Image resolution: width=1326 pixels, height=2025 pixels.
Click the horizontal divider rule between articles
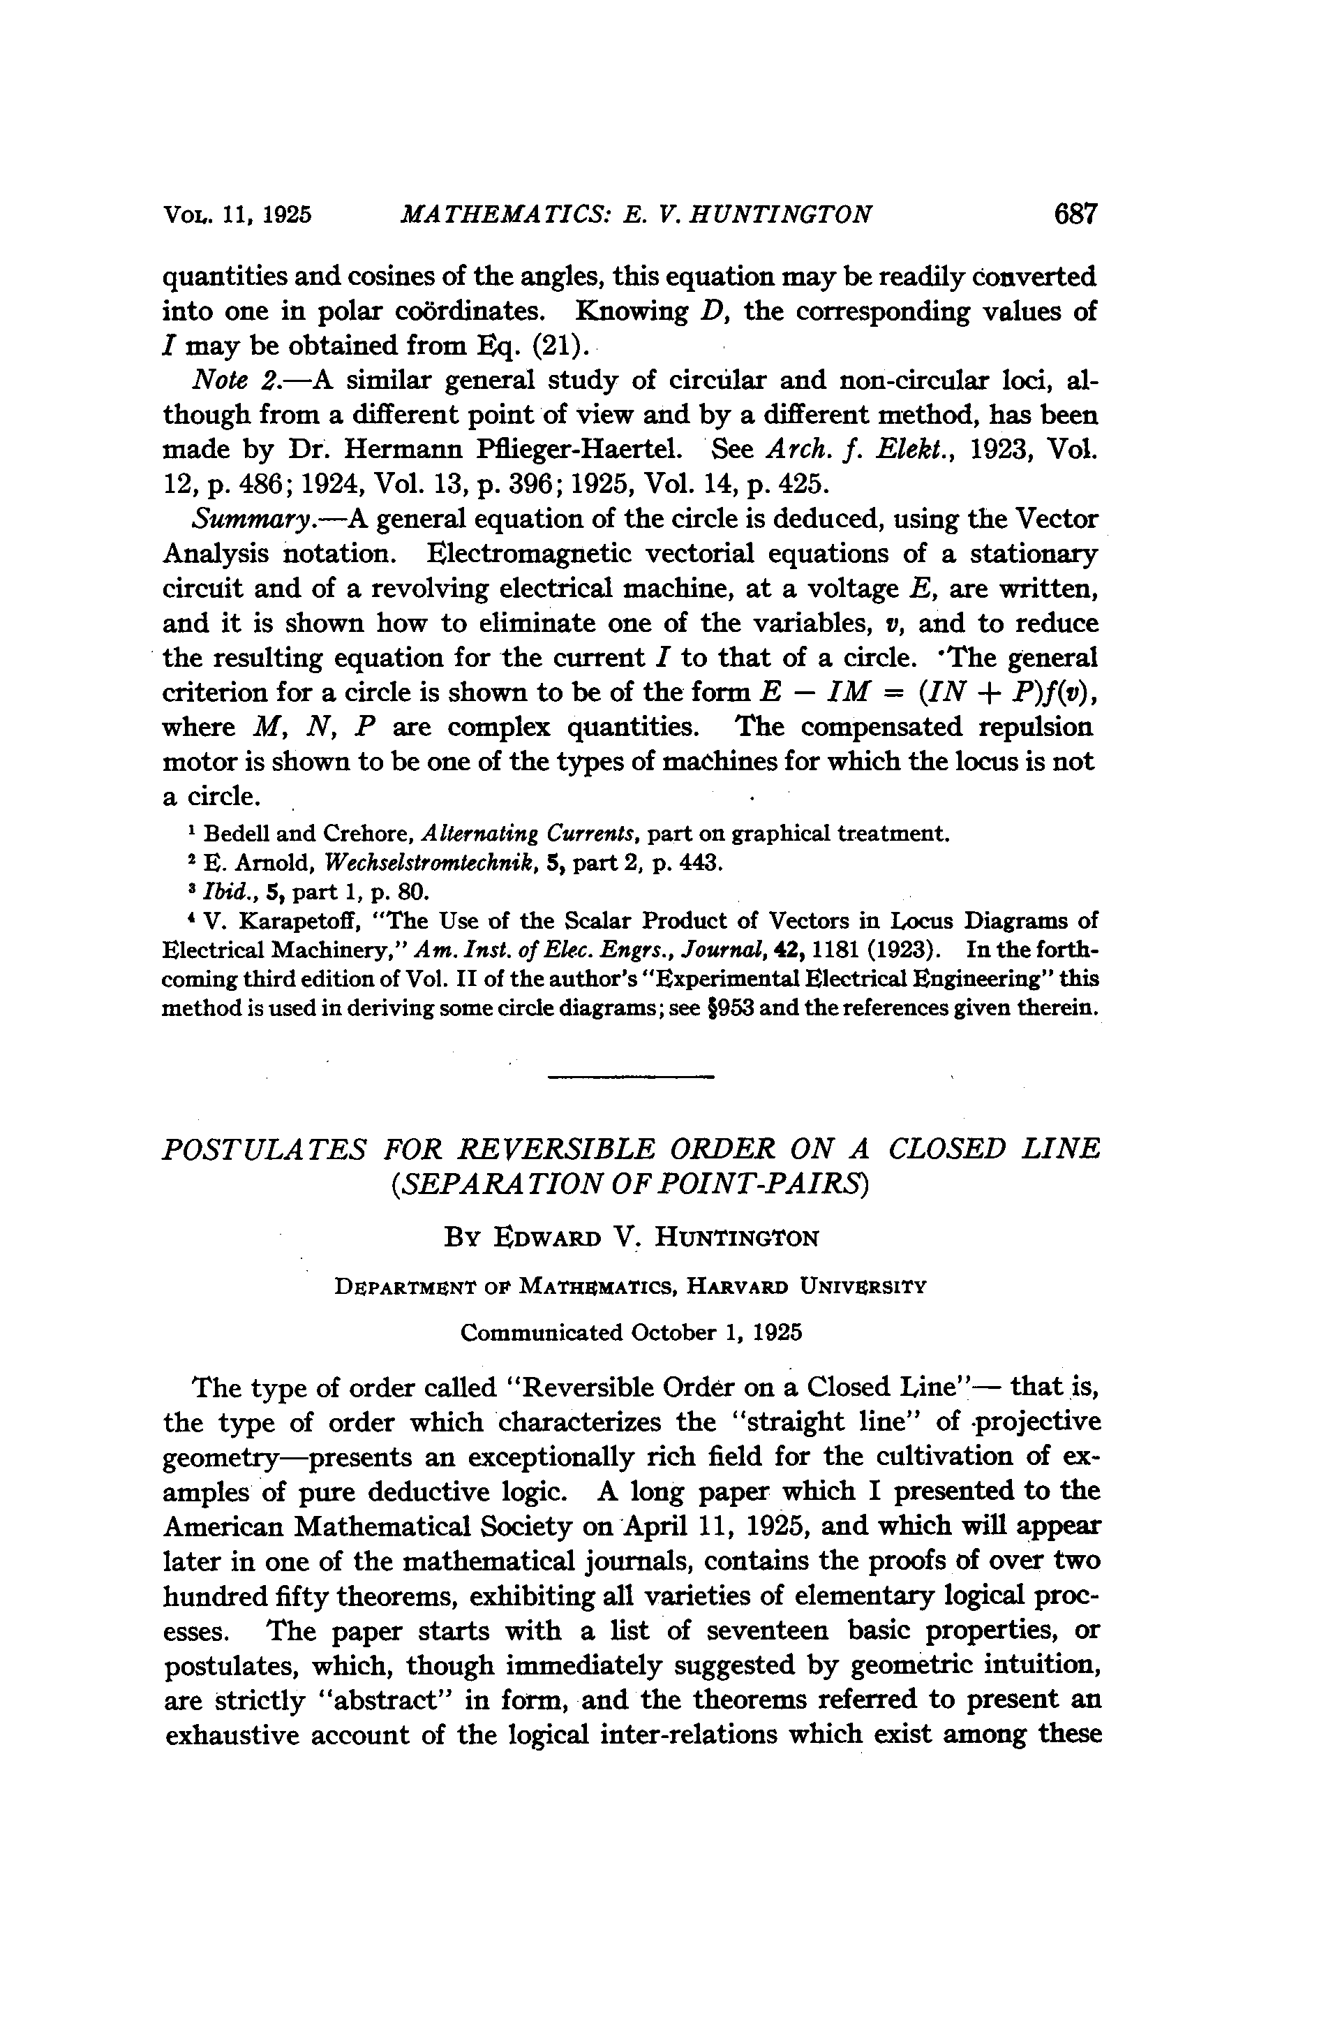click(x=630, y=1078)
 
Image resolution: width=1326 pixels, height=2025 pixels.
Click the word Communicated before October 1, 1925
click(x=541, y=1333)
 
